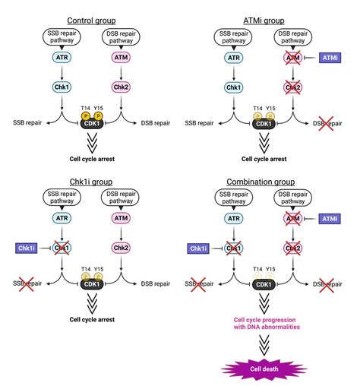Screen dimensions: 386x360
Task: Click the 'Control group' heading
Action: pyautogui.click(x=92, y=20)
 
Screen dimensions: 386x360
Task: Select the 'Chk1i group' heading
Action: pyautogui.click(x=92, y=183)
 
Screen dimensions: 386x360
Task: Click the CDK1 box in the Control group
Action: pyautogui.click(x=92, y=122)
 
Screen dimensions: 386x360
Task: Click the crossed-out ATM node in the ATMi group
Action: pyautogui.click(x=292, y=56)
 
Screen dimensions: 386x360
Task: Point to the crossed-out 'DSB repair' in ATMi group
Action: pyautogui.click(x=329, y=123)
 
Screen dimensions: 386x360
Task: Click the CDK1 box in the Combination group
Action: pyautogui.click(x=271, y=286)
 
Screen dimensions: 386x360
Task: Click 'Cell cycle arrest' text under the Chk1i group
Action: pyautogui.click(x=92, y=319)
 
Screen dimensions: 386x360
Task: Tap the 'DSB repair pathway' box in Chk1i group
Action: pyautogui.click(x=120, y=201)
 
